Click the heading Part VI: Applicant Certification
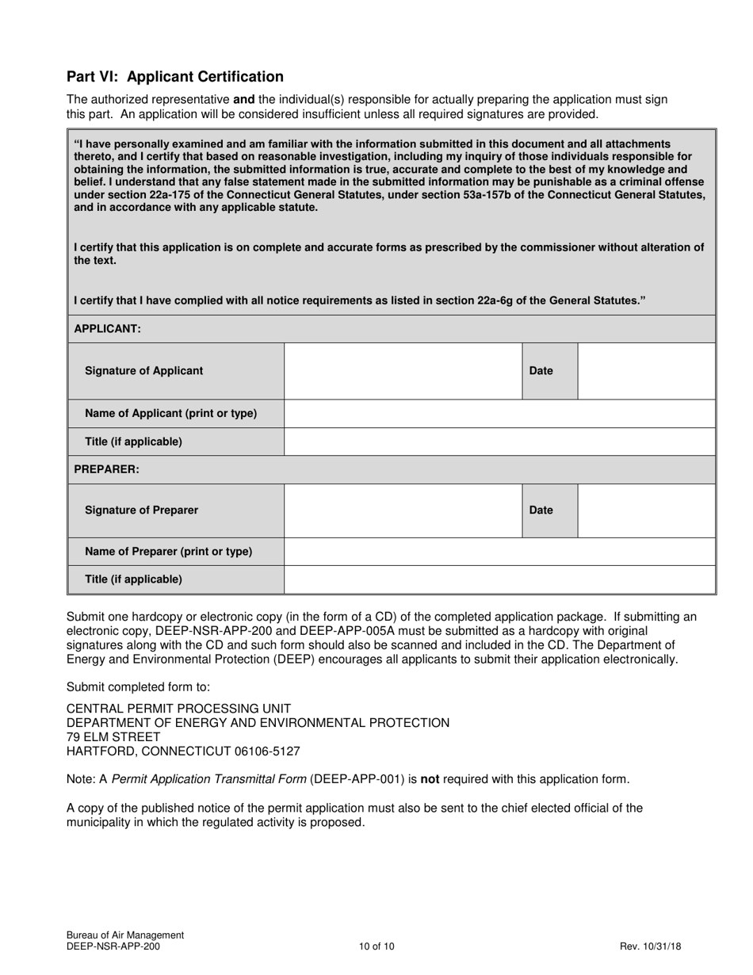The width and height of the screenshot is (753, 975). click(174, 77)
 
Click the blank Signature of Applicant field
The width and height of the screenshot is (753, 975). click(403, 371)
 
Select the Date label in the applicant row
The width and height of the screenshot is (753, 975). click(541, 371)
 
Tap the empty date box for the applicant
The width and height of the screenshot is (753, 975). click(646, 371)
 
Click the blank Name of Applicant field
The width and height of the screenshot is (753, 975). click(499, 414)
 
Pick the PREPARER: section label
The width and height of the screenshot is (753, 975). click(106, 469)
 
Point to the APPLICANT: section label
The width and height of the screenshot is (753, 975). click(107, 328)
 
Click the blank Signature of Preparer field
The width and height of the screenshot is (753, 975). click(403, 510)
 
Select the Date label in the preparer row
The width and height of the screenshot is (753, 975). click(541, 510)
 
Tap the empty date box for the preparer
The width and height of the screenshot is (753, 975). click(646, 510)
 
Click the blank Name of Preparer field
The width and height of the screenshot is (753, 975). click(499, 552)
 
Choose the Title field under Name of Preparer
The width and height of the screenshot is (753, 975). click(499, 579)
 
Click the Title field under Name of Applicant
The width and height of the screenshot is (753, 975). click(499, 442)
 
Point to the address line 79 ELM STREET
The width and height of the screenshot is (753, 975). click(113, 737)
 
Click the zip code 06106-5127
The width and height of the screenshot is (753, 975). click(266, 751)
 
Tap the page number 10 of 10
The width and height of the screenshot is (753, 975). click(376, 946)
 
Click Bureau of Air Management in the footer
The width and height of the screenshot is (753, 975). click(125, 935)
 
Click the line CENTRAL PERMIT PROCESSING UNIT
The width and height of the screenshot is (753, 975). click(178, 709)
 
